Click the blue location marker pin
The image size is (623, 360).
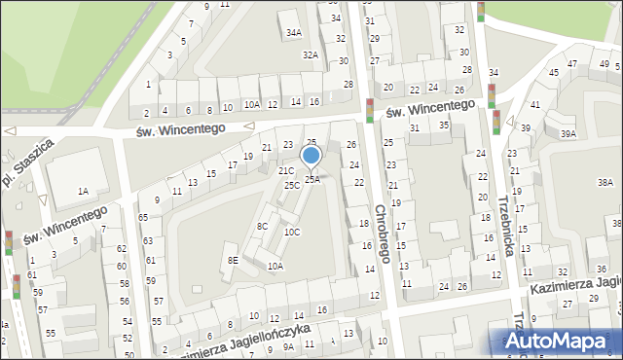(311, 156)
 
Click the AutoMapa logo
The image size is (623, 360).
(558, 342)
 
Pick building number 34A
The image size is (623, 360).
(293, 32)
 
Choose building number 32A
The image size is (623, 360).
(310, 54)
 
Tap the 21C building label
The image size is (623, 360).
(285, 171)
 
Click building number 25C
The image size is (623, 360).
(292, 185)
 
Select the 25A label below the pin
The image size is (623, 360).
(312, 179)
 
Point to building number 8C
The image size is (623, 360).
(262, 226)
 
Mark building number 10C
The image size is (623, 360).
(292, 232)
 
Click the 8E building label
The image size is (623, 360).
(233, 260)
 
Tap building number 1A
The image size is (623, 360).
(84, 191)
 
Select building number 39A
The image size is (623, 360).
(568, 134)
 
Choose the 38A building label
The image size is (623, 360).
(605, 182)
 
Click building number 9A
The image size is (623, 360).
(287, 345)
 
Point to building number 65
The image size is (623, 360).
(143, 217)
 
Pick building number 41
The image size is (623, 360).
(534, 104)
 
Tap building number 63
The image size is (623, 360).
(148, 239)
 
